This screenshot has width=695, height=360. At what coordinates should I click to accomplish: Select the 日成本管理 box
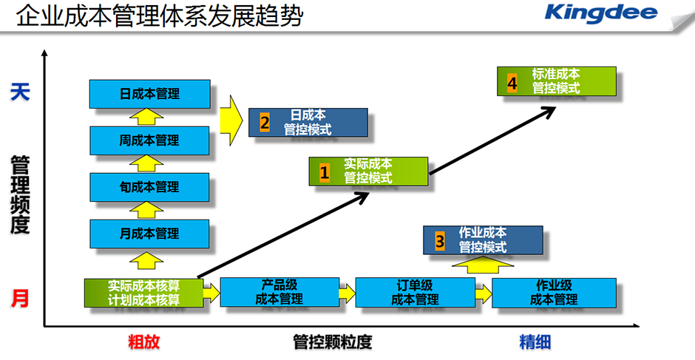click(x=149, y=94)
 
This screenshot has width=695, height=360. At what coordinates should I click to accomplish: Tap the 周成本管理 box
click(x=149, y=140)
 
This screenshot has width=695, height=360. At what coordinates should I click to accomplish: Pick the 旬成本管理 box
click(x=149, y=186)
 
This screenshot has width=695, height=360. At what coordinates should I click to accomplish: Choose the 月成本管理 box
click(x=149, y=234)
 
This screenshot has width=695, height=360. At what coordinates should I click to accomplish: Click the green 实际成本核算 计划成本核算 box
click(x=144, y=293)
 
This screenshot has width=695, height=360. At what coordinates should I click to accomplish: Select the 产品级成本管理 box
click(x=279, y=292)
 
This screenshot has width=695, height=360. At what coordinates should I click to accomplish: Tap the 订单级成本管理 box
click(x=414, y=292)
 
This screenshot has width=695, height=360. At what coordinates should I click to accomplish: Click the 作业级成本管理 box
click(x=553, y=292)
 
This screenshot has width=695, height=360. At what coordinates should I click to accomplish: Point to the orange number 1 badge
click(x=324, y=172)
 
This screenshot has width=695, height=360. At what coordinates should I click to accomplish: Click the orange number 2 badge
click(x=265, y=123)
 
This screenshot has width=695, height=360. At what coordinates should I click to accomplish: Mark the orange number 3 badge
click(x=439, y=241)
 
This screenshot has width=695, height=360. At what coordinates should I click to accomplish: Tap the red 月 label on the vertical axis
click(x=20, y=299)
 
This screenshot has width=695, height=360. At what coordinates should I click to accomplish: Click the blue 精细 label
click(x=535, y=342)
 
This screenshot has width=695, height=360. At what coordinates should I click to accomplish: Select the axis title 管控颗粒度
click(x=332, y=342)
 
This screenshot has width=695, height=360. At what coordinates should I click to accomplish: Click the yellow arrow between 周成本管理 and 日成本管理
click(x=149, y=117)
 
